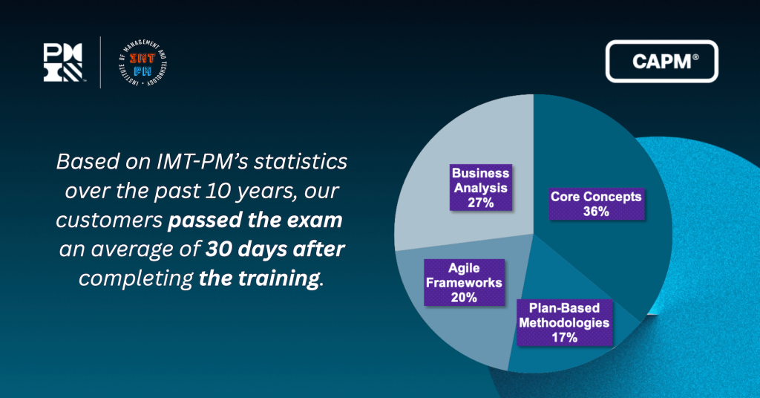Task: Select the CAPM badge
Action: pyautogui.click(x=662, y=62)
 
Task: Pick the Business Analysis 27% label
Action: pyautogui.click(x=480, y=187)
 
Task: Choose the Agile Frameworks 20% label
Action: pyautogui.click(x=462, y=282)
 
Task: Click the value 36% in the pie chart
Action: pyautogui.click(x=595, y=212)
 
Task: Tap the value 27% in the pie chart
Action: pyautogui.click(x=480, y=202)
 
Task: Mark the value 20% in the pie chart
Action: pyautogui.click(x=462, y=297)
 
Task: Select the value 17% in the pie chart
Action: pyautogui.click(x=564, y=338)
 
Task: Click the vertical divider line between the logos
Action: pyautogui.click(x=101, y=62)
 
